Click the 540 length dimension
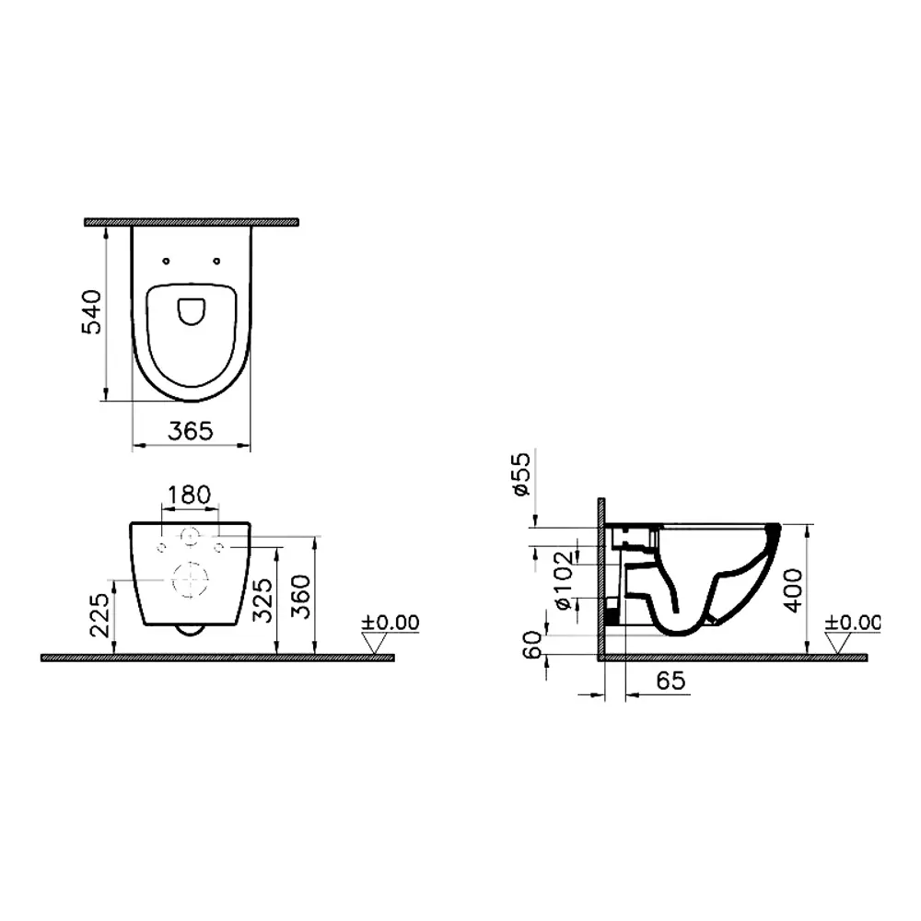[x=91, y=312]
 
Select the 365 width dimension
[x=191, y=432]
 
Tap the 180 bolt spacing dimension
[x=189, y=495]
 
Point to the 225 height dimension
[x=99, y=615]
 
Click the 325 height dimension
[x=262, y=600]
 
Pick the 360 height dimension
[x=302, y=597]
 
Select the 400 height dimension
[x=794, y=590]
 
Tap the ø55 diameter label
[x=521, y=474]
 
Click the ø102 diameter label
[x=563, y=580]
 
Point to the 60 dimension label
[x=532, y=645]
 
